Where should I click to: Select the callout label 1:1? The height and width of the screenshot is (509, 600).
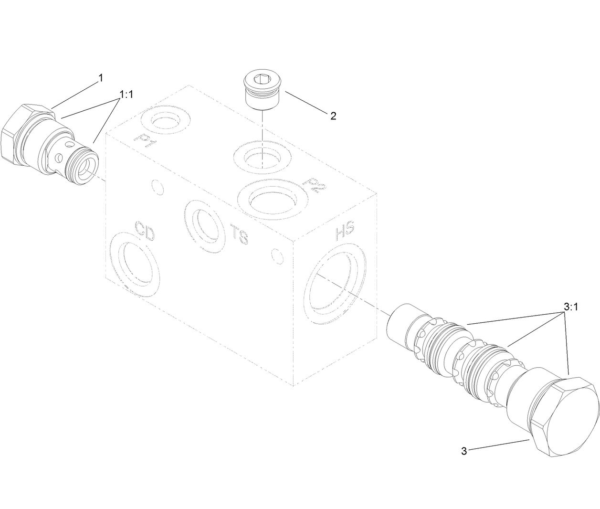126,95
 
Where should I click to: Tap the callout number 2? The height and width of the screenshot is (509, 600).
332,116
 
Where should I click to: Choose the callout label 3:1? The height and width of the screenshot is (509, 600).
570,308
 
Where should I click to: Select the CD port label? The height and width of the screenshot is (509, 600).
144,230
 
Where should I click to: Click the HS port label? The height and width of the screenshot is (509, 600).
344,233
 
